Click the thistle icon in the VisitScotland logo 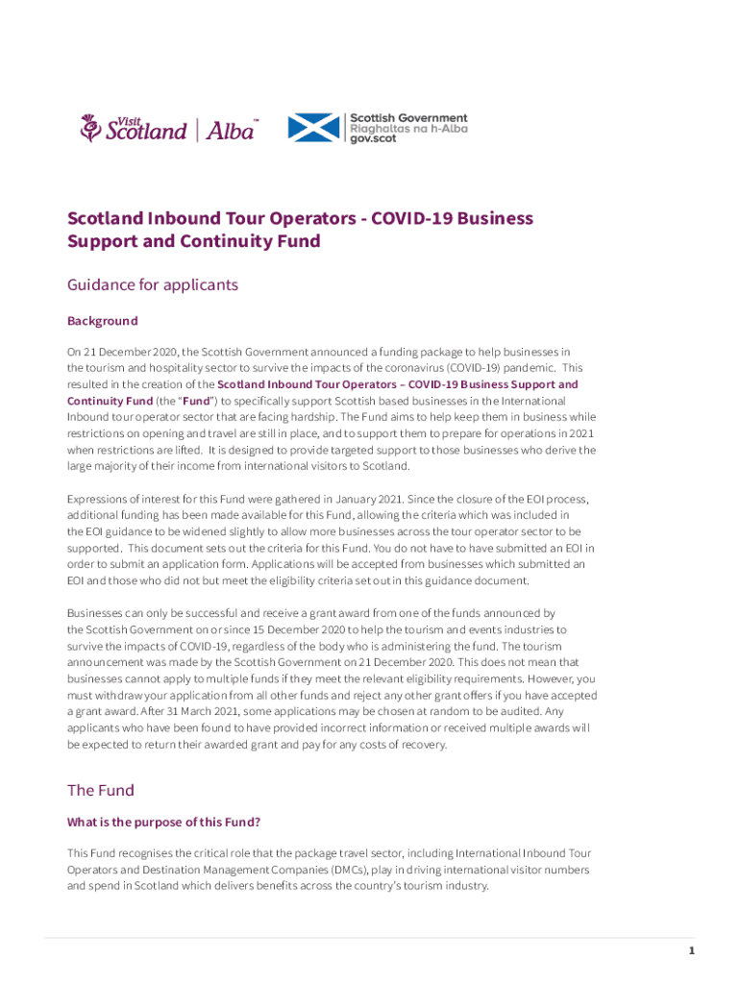point(90,128)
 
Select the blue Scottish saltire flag point(314,128)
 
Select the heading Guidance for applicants point(152,285)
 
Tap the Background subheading point(102,321)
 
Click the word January point(362,499)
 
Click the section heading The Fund point(100,790)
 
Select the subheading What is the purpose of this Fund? point(163,823)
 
